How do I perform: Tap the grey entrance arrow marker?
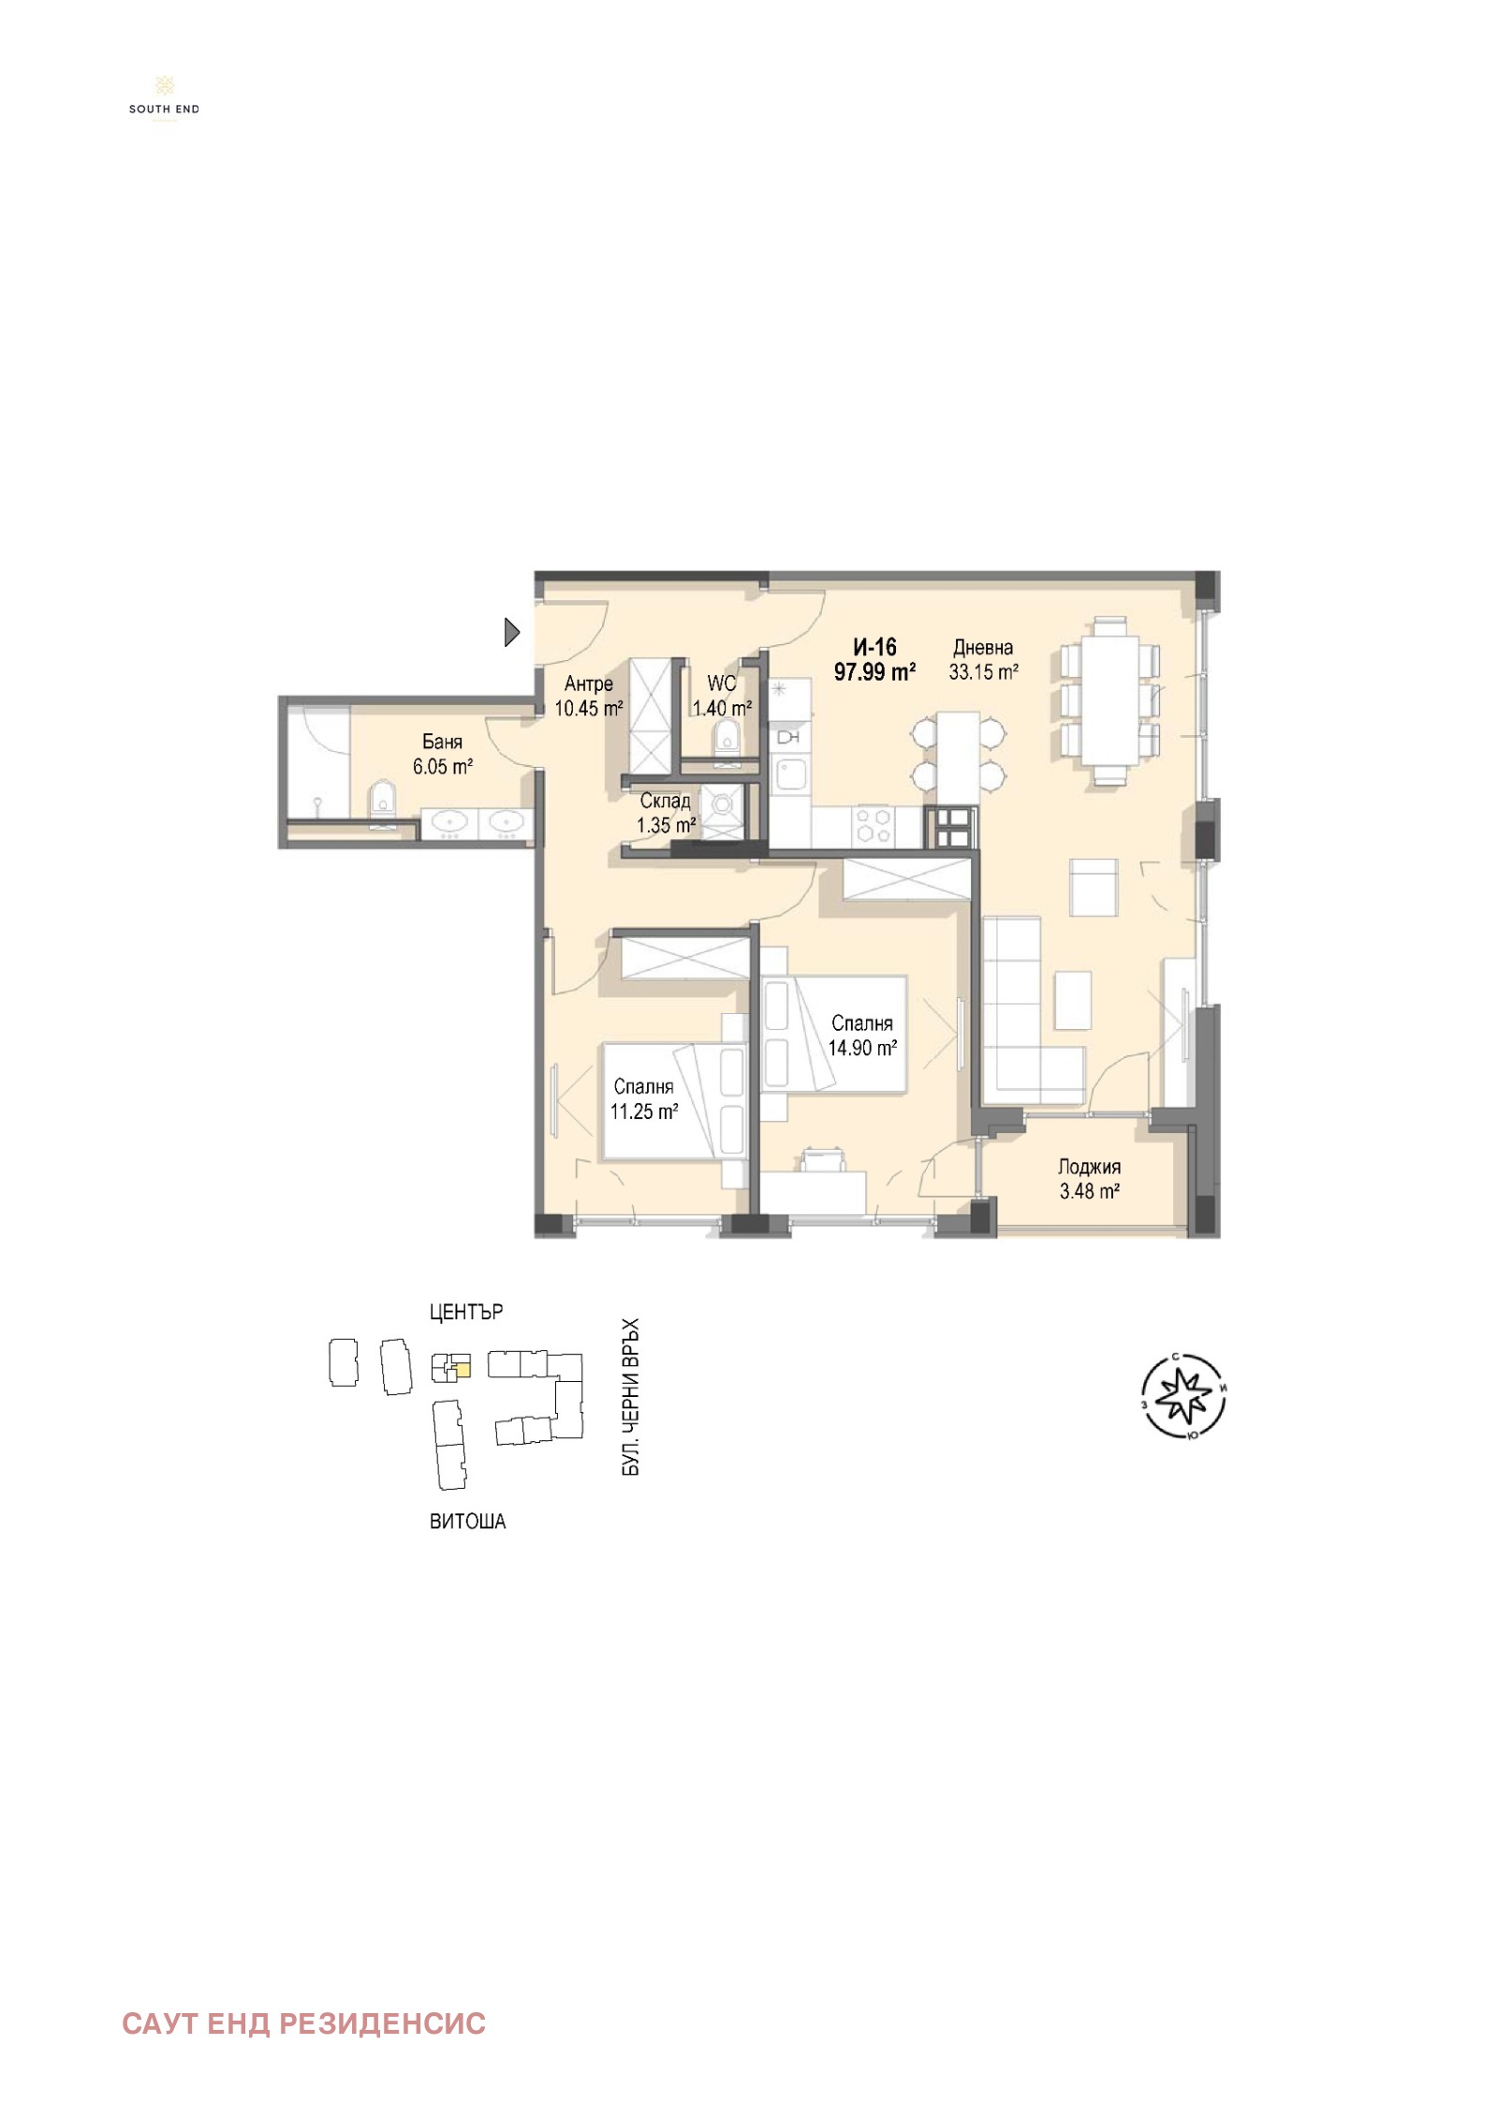coord(511,633)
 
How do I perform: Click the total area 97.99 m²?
coord(874,671)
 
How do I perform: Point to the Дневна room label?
coord(983,647)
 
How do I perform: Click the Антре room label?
coord(589,684)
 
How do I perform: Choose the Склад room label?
coord(666,802)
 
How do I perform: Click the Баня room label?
coord(442,743)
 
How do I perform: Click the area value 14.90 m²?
coord(862,1048)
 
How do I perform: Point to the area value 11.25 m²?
coord(644,1111)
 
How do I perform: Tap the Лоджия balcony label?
coord(1089,1167)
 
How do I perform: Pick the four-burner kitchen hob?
coord(874,826)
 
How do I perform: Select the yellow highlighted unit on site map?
coord(462,1370)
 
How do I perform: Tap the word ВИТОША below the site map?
coord(467,1522)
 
